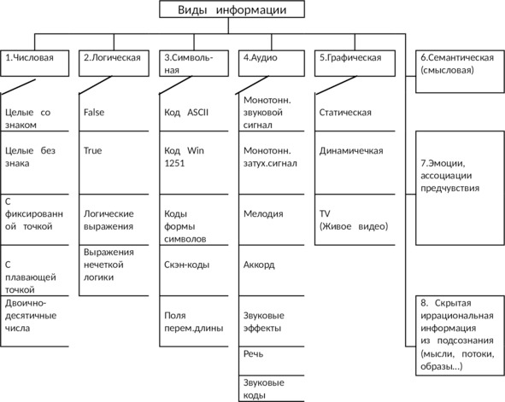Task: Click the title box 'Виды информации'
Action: [232, 9]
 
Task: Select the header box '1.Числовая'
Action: [35, 63]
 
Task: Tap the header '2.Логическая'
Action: [114, 63]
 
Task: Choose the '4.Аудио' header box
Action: [272, 63]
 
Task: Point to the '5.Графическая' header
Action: [355, 63]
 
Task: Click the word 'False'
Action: [94, 113]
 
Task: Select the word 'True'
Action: [92, 150]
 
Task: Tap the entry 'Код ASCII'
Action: [186, 113]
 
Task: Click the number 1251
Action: [174, 163]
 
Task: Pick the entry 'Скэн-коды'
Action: [186, 265]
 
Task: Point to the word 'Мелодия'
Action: [263, 214]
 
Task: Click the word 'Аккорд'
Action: [259, 265]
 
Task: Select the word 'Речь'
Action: [253, 354]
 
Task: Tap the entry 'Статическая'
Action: [345, 113]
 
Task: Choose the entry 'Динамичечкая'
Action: [351, 150]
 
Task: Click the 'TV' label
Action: [325, 214]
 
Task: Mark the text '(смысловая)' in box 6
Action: [447, 70]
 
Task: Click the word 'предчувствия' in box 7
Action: [449, 188]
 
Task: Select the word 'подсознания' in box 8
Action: [465, 341]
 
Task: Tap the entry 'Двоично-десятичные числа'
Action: [31, 316]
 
